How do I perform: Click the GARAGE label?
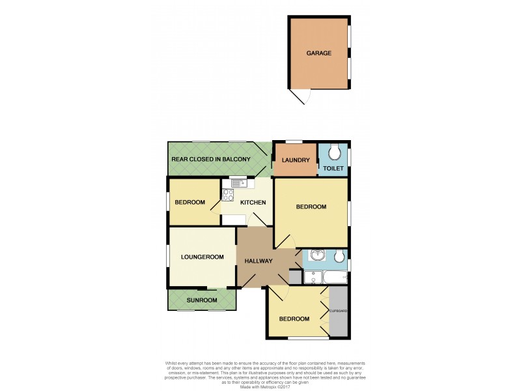319,53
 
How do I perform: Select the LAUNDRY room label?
295,160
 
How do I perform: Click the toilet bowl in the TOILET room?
335,152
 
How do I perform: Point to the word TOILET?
333,168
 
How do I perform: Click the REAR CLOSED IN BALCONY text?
210,160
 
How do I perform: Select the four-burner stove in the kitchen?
228,194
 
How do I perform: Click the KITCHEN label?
253,203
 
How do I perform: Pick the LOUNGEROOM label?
202,257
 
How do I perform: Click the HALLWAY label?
258,261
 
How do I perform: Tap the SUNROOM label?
202,300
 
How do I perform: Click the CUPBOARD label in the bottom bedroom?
338,311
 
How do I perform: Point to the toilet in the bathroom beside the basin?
339,256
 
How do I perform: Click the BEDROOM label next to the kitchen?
190,203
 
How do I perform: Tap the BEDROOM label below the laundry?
311,207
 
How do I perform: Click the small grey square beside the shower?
295,277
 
